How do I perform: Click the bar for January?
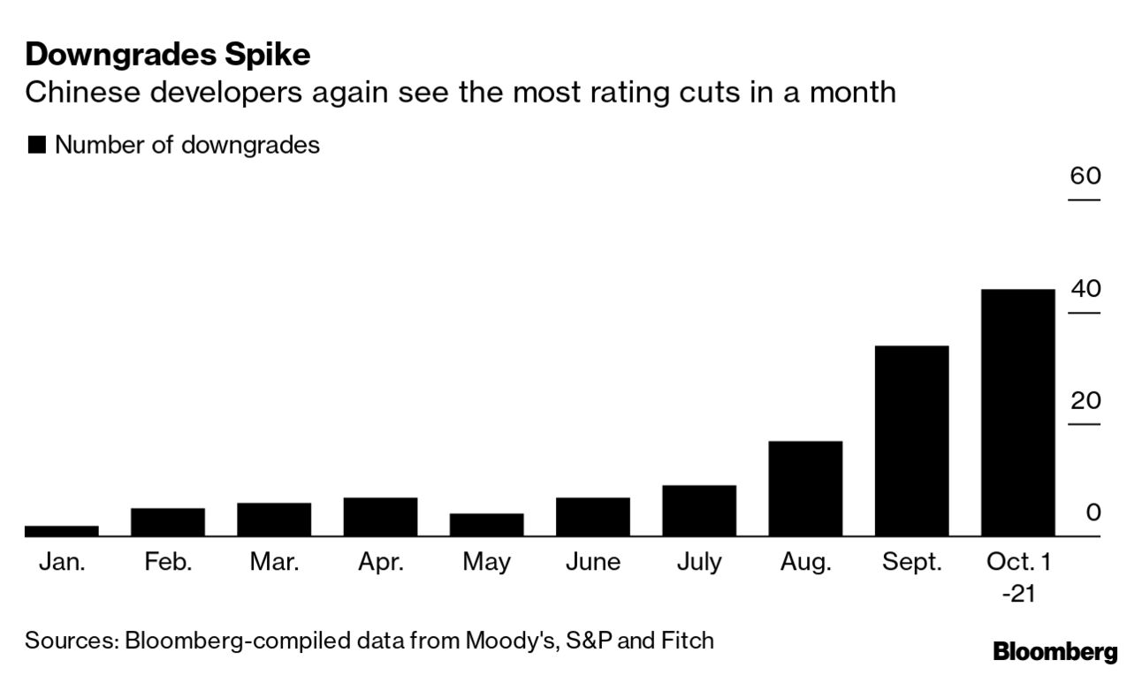pos(61,531)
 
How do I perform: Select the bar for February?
pos(168,522)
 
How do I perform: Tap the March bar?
pos(274,520)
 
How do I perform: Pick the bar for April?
pos(380,517)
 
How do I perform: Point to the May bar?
pos(486,525)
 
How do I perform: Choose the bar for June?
pos(593,517)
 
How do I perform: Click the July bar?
pos(699,511)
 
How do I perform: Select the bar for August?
pos(805,489)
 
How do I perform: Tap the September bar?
pos(911,441)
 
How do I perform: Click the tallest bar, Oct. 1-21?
pos(1017,413)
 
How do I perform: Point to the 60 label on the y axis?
pos(1085,176)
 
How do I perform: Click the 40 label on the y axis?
pos(1085,288)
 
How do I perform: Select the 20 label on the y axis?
pos(1085,400)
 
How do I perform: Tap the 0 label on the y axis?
pos(1093,512)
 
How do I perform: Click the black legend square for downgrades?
pos(37,146)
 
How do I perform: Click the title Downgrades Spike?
pos(168,55)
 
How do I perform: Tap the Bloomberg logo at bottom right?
pos(1054,653)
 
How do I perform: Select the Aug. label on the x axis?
pos(805,562)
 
